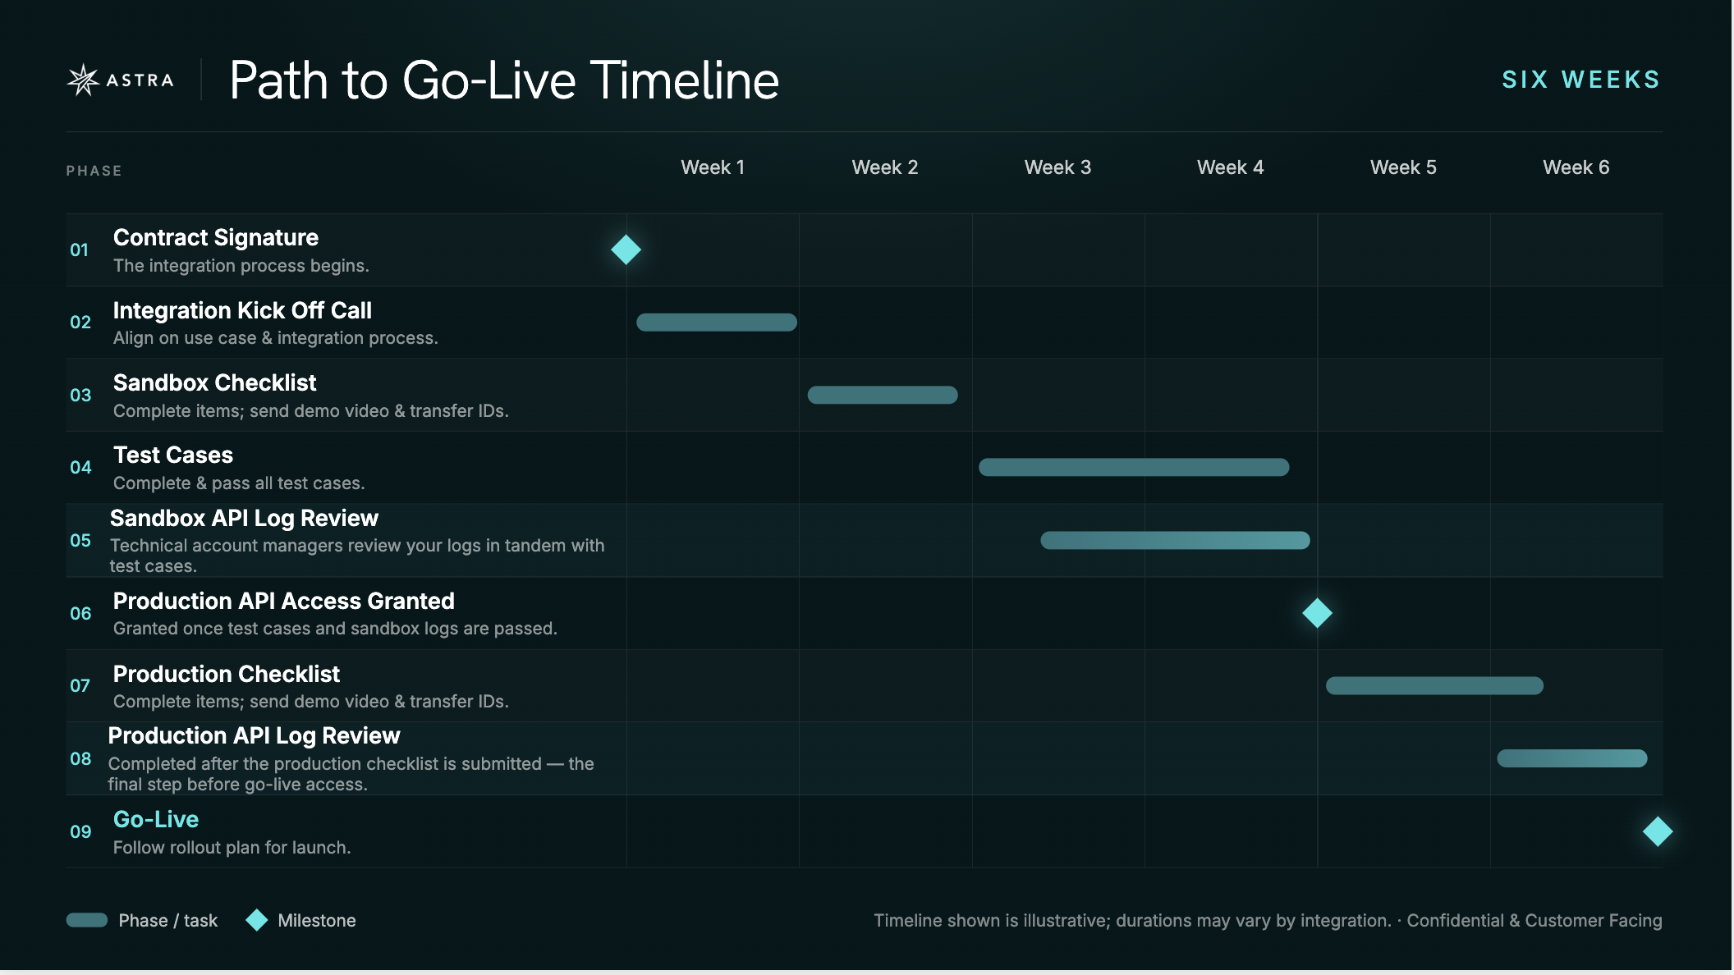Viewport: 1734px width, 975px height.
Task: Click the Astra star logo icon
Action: (83, 80)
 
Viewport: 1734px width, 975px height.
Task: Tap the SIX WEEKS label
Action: (1581, 80)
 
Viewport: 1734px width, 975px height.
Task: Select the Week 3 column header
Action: (1057, 167)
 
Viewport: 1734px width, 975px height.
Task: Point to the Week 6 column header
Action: (1576, 167)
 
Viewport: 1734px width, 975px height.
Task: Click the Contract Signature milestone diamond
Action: (626, 249)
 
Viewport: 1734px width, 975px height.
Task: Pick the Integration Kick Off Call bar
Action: (717, 322)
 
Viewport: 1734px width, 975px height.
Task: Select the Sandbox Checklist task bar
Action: (883, 395)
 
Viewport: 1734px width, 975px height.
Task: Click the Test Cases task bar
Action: (1134, 467)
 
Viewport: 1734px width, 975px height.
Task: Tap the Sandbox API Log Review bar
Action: (1175, 540)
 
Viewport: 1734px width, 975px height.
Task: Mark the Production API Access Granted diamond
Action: (1317, 613)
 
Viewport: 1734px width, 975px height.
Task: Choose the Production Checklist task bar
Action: (1434, 685)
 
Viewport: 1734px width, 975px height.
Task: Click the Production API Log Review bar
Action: (1572, 758)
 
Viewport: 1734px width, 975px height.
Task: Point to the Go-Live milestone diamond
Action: (1658, 831)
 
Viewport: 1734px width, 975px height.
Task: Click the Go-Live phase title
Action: (156, 819)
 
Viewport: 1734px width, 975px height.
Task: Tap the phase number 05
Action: (80, 540)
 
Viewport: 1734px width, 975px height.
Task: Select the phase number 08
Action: (80, 758)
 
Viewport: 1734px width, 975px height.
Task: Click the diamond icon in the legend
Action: (257, 920)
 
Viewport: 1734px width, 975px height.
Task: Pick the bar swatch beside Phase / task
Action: (87, 920)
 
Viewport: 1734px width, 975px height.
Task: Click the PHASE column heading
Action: (94, 171)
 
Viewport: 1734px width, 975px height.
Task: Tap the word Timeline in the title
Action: (685, 80)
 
